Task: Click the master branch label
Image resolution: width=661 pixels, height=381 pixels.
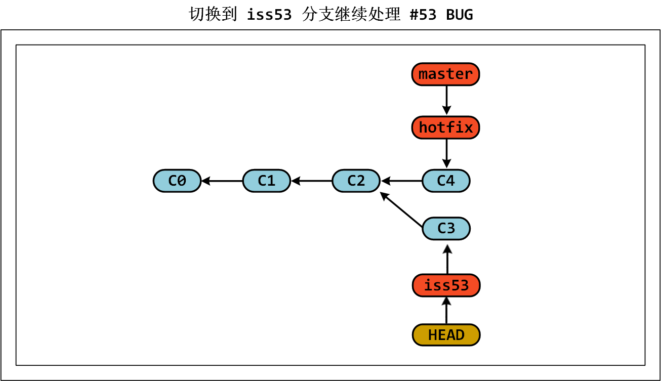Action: (445, 74)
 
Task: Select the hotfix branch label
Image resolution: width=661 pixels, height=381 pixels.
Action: (445, 128)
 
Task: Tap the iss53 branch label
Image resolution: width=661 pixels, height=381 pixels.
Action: (446, 285)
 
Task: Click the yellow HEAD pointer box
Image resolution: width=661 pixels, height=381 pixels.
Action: (446, 335)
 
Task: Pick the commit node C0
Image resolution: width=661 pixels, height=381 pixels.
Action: (177, 181)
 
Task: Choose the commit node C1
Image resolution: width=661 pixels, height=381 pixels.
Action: (267, 181)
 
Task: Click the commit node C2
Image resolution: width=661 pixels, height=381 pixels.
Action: (356, 181)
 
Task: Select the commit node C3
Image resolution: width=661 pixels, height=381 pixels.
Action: (446, 229)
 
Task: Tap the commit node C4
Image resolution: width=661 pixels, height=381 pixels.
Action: (446, 181)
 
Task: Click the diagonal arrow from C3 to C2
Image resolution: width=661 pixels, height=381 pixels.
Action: (401, 209)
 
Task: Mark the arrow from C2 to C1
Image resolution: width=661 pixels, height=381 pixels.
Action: (311, 181)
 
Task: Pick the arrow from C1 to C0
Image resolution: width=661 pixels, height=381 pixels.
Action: (222, 181)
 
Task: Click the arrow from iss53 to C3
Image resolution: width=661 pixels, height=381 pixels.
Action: (447, 260)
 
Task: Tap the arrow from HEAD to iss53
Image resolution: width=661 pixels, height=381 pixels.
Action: (446, 310)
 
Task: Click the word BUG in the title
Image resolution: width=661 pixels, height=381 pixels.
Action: (459, 15)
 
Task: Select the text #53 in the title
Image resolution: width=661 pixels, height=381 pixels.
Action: (423, 15)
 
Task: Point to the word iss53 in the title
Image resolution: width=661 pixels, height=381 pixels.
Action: (269, 15)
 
